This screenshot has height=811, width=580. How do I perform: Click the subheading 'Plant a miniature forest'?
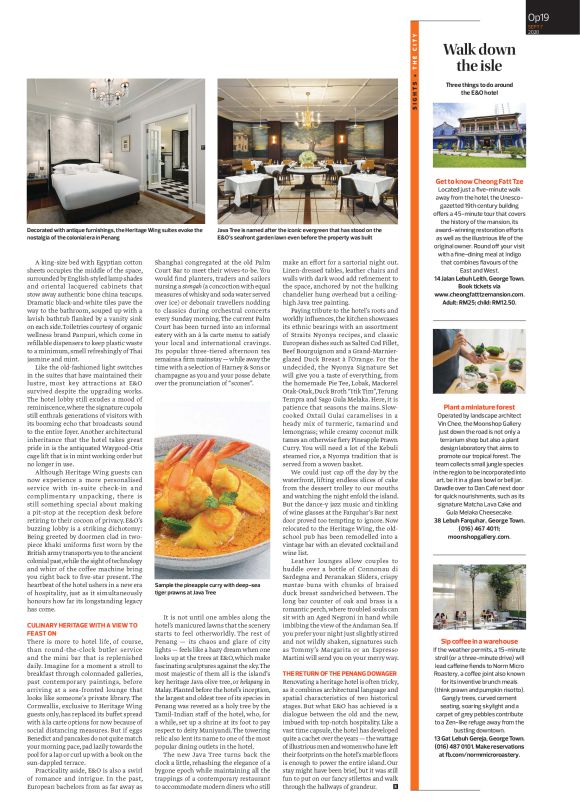[480, 407]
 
